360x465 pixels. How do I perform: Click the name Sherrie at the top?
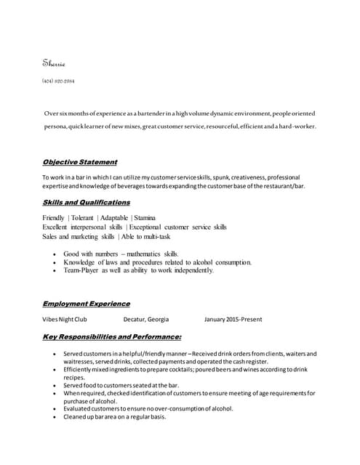click(55, 64)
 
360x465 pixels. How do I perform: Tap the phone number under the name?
click(58, 81)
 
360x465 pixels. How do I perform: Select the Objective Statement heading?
click(80, 162)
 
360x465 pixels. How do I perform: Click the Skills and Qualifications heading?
click(87, 202)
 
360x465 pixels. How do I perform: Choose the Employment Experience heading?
click(87, 303)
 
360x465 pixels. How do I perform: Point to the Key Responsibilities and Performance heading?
click(112, 336)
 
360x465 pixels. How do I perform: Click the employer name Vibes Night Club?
click(65, 319)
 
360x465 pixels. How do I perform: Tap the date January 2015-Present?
click(233, 319)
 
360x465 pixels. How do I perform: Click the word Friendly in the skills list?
click(54, 218)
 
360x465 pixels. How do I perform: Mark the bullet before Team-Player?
click(56, 271)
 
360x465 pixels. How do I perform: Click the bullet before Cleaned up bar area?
click(56, 417)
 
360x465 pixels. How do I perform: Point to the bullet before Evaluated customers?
click(56, 409)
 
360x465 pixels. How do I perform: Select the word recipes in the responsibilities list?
click(74, 378)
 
